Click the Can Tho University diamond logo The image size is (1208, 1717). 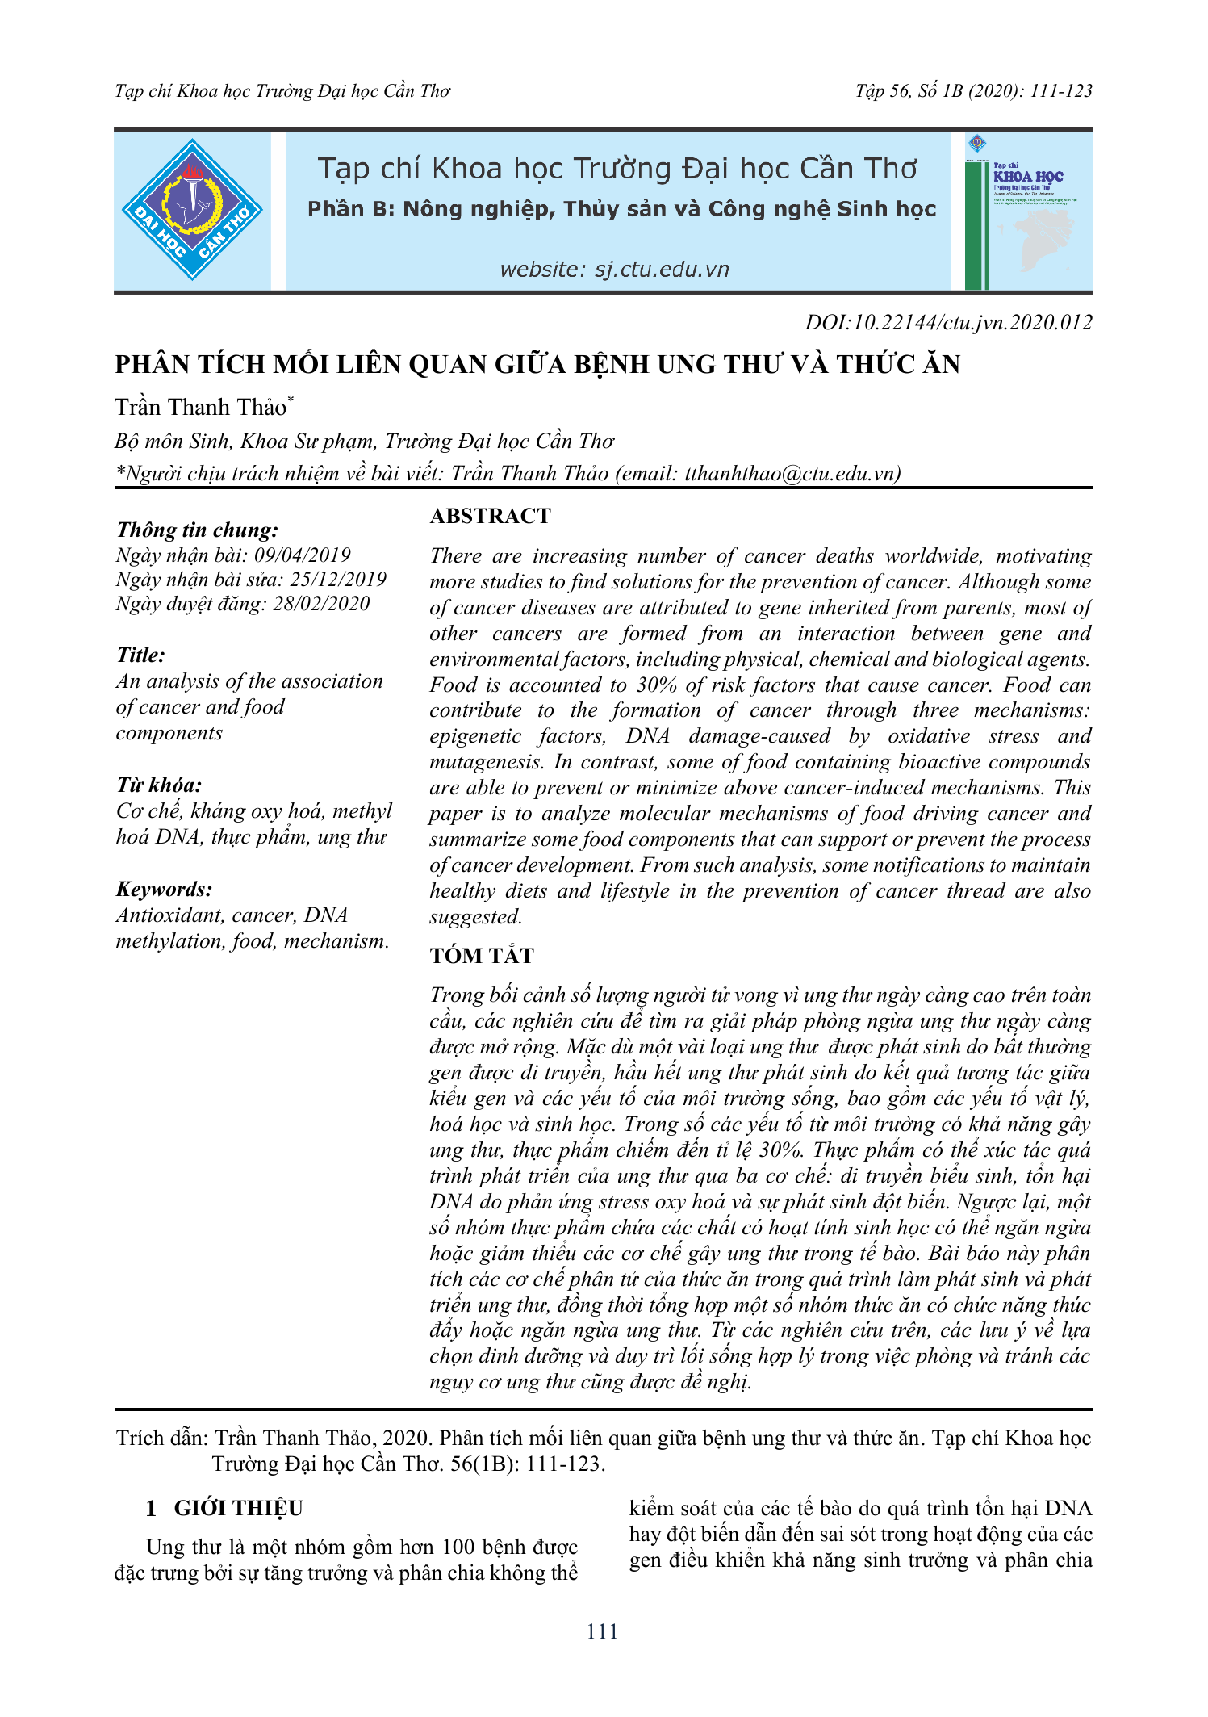tap(192, 210)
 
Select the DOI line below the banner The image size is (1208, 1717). tap(948, 323)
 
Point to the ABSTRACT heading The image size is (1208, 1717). tap(490, 517)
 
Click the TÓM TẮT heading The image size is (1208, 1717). tap(482, 956)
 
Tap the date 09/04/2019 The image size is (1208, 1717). tap(303, 555)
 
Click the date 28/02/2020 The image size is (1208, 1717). tap(321, 604)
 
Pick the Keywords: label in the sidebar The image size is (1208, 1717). tap(165, 890)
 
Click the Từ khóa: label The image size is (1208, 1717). tap(159, 785)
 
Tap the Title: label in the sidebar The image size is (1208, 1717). tap(140, 655)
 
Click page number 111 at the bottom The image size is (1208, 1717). tap(603, 1632)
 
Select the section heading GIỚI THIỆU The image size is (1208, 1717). tap(238, 1509)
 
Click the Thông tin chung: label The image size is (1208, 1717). tap(197, 530)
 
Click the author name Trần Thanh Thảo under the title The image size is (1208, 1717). tap(201, 408)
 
